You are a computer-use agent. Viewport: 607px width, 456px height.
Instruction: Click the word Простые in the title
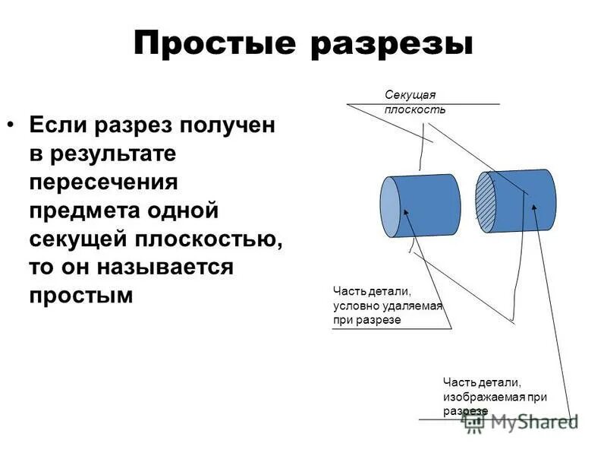[213, 45]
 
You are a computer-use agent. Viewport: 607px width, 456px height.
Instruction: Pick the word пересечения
[104, 182]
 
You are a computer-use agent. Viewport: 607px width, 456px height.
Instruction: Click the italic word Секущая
[410, 95]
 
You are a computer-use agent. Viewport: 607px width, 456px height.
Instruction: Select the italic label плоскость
[414, 109]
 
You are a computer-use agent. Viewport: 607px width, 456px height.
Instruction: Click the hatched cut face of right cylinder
[485, 204]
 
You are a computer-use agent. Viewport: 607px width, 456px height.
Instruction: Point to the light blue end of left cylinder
[389, 206]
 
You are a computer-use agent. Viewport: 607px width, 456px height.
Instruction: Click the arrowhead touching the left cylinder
[405, 214]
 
